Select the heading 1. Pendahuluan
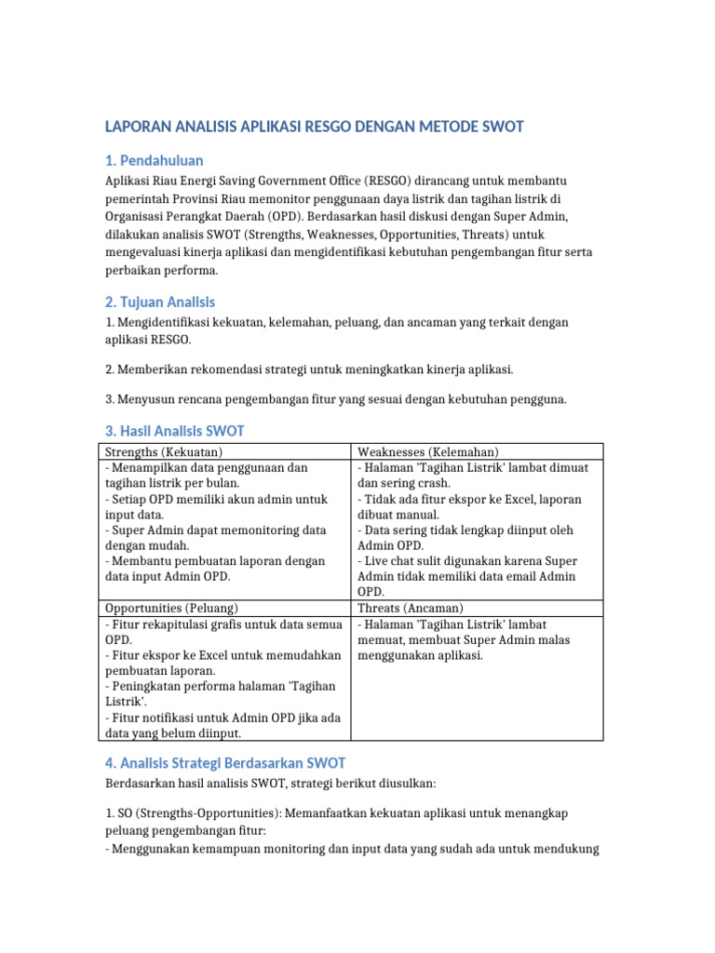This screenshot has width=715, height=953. coord(154,160)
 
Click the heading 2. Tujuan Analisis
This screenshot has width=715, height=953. coord(159,302)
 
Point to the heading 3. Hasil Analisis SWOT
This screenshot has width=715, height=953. coord(174,431)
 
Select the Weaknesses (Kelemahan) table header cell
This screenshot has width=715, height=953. coord(427,451)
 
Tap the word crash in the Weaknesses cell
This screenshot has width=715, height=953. coord(435,483)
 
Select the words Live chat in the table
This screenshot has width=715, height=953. coord(390,561)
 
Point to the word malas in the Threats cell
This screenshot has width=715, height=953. coord(555,639)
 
